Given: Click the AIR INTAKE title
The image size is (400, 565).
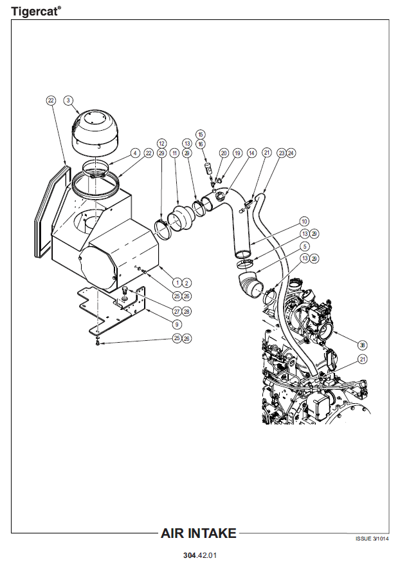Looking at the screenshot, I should tap(199, 533).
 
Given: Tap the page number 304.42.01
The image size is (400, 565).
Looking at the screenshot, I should tap(200, 555).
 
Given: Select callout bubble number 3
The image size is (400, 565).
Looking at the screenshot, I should tap(69, 101).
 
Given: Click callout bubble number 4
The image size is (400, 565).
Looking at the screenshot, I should tap(135, 153).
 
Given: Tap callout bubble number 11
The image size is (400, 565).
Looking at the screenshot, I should tap(174, 153).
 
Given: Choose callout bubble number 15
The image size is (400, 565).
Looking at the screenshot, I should tap(201, 134).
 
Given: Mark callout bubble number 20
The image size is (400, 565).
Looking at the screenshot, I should tap(224, 153).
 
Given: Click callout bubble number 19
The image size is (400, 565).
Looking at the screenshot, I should tap(237, 153).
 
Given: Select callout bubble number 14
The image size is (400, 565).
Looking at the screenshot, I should tap(251, 153).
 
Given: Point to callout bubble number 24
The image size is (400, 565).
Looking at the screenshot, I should tap(291, 153).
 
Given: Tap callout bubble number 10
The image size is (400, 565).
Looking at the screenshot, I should tap(304, 222).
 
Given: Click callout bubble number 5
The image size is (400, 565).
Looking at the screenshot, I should tap(304, 245).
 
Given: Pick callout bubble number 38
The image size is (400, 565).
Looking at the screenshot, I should tap(363, 344).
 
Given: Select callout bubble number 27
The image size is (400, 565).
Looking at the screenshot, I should tap(176, 311).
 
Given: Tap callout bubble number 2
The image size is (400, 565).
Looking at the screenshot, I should tap(186, 282).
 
